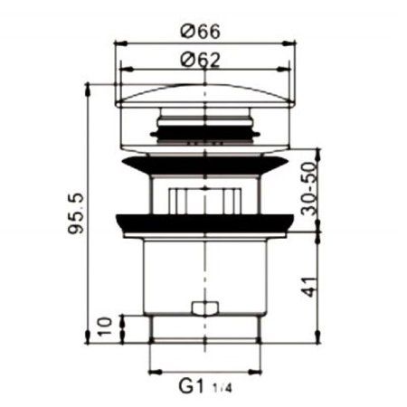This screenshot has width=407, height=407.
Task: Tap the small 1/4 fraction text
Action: click(x=220, y=389)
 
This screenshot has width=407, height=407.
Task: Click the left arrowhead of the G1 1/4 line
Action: click(x=152, y=373)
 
